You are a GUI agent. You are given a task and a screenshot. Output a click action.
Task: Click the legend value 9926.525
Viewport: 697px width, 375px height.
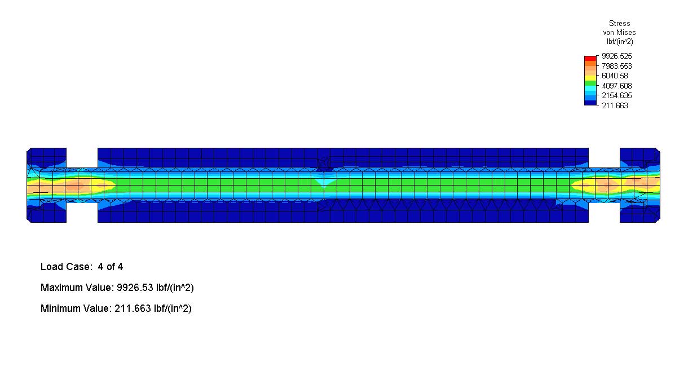click(x=617, y=56)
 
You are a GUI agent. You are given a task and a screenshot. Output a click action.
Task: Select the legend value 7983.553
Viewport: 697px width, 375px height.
click(x=617, y=66)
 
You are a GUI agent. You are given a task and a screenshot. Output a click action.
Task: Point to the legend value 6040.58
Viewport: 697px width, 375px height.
click(x=615, y=76)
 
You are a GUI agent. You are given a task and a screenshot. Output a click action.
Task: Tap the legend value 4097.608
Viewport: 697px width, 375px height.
click(x=617, y=86)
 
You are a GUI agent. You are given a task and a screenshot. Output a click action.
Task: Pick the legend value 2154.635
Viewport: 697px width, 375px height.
click(x=617, y=95)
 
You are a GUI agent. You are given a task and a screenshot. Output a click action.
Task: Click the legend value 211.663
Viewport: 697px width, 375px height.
click(x=615, y=105)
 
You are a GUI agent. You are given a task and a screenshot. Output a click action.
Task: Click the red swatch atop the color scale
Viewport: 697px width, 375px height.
click(x=590, y=59)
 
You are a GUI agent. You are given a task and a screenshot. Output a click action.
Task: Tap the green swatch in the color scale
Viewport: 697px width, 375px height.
click(x=590, y=83)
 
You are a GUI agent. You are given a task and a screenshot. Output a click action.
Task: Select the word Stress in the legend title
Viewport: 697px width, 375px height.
click(x=620, y=23)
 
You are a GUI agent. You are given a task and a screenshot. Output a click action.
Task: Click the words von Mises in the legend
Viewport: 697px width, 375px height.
click(x=619, y=32)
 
